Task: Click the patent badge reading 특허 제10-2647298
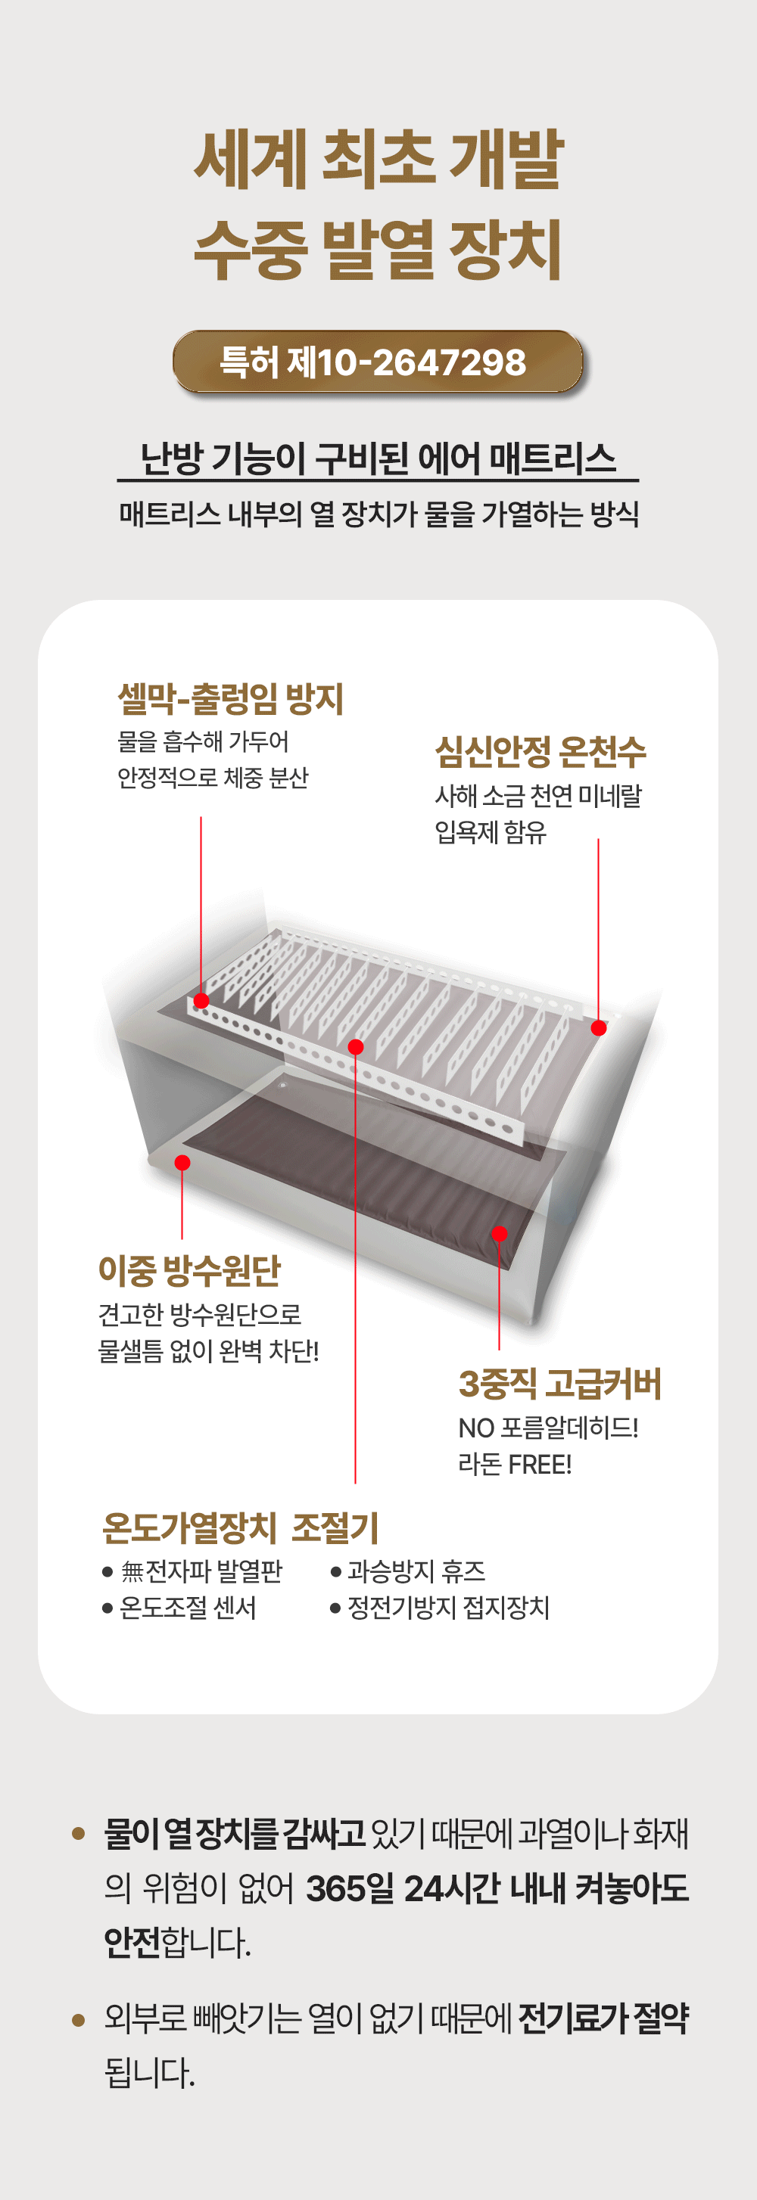pos(378,362)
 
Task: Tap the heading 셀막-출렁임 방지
pos(230,698)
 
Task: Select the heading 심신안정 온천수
pos(540,751)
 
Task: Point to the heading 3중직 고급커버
pos(559,1384)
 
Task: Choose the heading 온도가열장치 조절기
pos(240,1528)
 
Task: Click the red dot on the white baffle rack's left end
pos(201,1001)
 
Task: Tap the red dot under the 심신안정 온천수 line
pos(599,1028)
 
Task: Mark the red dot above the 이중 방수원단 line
pos(182,1162)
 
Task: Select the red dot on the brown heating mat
pos(500,1233)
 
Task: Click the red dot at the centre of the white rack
pos(356,1047)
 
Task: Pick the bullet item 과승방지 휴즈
pos(409,1571)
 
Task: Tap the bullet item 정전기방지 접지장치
pos(440,1608)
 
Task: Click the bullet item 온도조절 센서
pos(179,1608)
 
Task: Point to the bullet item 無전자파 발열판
pos(192,1571)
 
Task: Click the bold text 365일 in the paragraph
pos(350,1888)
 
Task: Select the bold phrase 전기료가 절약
pos(603,2018)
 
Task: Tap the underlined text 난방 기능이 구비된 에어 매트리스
pos(378,458)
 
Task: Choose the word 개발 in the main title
pos(506,159)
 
